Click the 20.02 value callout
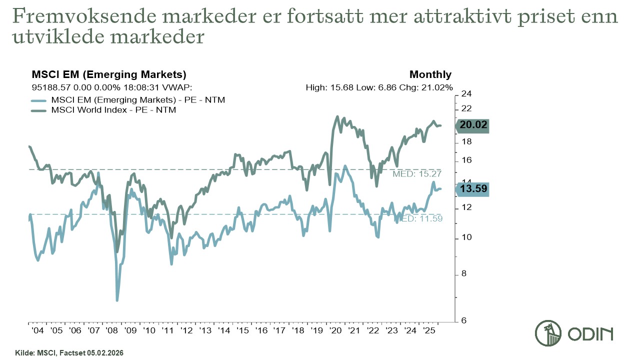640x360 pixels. tap(473, 125)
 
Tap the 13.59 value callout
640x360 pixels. tap(473, 189)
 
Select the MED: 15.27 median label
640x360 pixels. tap(418, 174)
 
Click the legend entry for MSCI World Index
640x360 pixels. tap(113, 110)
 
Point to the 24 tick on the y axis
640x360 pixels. tap(466, 94)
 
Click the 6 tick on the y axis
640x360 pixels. tap(464, 320)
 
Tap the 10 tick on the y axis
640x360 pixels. tap(466, 237)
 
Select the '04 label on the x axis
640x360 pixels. tap(37, 330)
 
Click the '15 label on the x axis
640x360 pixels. tap(243, 330)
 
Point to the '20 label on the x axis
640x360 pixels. tap(335, 330)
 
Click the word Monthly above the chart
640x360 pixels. tap(430, 75)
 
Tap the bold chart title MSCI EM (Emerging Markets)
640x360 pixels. tap(109, 75)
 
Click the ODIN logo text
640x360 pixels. tap(590, 334)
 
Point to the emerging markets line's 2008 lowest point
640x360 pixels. tap(117, 300)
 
